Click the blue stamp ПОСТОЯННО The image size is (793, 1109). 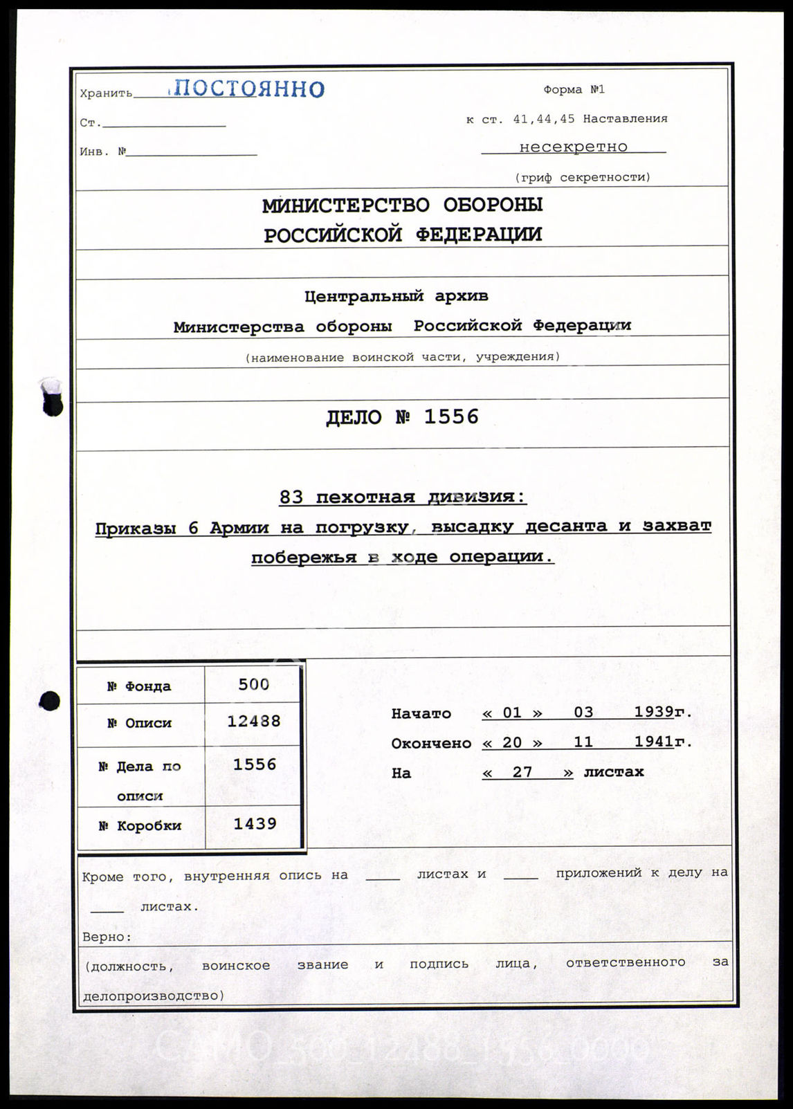click(247, 89)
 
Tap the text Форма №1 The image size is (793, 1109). click(574, 90)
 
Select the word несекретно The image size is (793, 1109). click(573, 147)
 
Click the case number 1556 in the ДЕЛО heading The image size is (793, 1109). click(450, 416)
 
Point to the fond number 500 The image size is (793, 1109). click(253, 685)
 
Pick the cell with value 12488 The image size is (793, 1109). click(254, 721)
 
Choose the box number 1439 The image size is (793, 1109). click(255, 823)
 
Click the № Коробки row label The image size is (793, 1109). click(144, 825)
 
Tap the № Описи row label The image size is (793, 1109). click(139, 723)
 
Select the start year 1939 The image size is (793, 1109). click(654, 713)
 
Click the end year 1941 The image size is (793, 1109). click(654, 742)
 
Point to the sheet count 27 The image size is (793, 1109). click(522, 771)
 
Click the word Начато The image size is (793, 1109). click(421, 714)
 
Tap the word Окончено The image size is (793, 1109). click(430, 744)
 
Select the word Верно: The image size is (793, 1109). click(107, 937)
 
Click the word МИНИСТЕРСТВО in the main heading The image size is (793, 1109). click(345, 205)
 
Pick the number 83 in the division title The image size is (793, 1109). click(291, 497)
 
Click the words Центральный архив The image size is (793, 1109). click(396, 297)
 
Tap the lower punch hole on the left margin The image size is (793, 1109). click(50, 701)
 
